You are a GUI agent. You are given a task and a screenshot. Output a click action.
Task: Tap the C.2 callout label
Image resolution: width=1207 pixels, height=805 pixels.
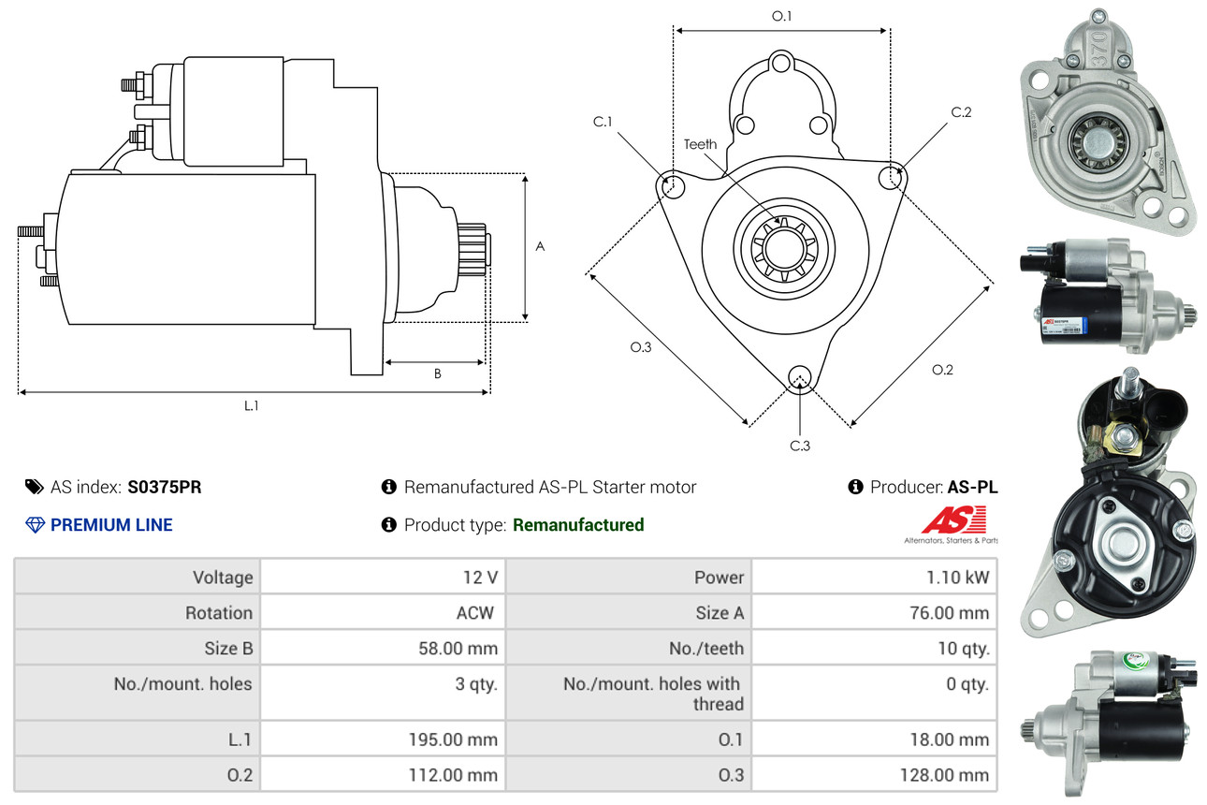click(961, 112)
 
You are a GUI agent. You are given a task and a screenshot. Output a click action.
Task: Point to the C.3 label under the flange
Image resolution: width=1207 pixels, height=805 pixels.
click(799, 446)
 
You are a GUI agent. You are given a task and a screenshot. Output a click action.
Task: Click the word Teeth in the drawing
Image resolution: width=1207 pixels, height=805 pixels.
click(700, 144)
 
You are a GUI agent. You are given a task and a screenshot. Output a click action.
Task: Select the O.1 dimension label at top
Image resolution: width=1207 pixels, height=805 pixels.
click(782, 16)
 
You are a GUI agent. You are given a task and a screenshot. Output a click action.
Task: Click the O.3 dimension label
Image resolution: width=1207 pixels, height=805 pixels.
click(640, 347)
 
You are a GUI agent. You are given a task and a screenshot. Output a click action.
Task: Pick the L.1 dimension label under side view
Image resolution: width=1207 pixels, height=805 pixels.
click(252, 405)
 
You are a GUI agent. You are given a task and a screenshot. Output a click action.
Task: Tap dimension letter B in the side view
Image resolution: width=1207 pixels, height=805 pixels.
click(437, 374)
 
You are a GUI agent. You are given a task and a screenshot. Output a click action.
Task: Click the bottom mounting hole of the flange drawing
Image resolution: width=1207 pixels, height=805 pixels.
click(799, 377)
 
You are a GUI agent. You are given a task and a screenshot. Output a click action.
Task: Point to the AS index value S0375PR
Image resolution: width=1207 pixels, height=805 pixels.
click(165, 487)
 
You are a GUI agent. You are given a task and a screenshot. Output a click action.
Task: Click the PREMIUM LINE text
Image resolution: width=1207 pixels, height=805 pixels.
click(111, 525)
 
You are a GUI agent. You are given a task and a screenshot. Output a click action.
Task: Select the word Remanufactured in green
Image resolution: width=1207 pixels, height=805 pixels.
click(578, 525)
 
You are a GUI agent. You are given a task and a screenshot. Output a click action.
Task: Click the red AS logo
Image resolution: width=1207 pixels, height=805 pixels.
click(953, 520)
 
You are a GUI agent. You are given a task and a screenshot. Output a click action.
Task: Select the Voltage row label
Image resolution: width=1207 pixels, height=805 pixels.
click(223, 578)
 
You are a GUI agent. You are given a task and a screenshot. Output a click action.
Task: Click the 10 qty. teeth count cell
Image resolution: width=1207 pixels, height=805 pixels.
click(963, 648)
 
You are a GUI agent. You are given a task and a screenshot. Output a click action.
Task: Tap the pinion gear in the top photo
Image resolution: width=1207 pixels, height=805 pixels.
click(1092, 143)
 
